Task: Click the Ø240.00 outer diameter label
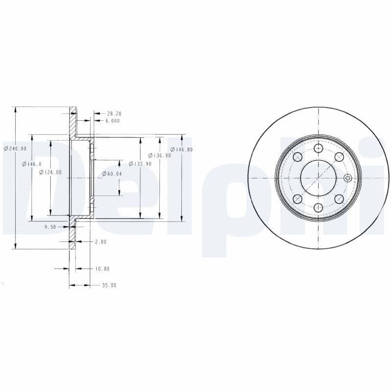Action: pos(15,149)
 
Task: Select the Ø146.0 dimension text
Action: pos(32,164)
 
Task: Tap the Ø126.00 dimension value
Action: pos(50,172)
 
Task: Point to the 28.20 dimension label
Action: pos(114,113)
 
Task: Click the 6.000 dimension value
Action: pos(112,121)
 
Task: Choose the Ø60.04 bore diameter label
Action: pos(112,174)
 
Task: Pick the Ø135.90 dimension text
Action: pos(140,164)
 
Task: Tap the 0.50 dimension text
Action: pos(50,227)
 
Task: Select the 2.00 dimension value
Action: pos(101,241)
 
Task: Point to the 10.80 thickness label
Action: pos(102,269)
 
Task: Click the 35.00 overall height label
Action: pos(109,285)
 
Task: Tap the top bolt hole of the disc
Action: pos(318,148)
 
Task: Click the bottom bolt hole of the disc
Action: pos(318,208)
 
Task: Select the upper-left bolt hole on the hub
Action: pos(297,157)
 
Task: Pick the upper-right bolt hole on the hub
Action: pos(339,157)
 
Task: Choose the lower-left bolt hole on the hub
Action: pos(297,199)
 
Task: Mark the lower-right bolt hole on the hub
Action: pos(339,199)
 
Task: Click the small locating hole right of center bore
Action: pos(348,178)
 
